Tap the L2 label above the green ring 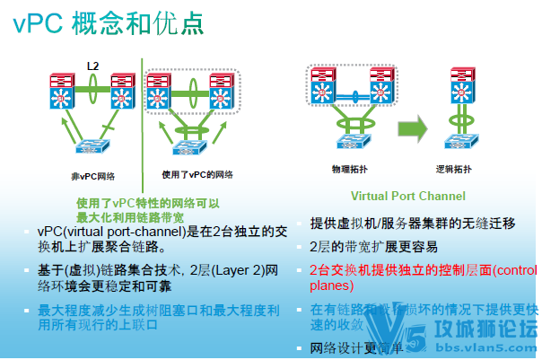[x=93, y=66]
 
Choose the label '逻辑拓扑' [x=463, y=169]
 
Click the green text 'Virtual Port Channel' [x=407, y=196]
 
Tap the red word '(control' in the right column [x=515, y=269]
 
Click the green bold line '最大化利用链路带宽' [x=131, y=216]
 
